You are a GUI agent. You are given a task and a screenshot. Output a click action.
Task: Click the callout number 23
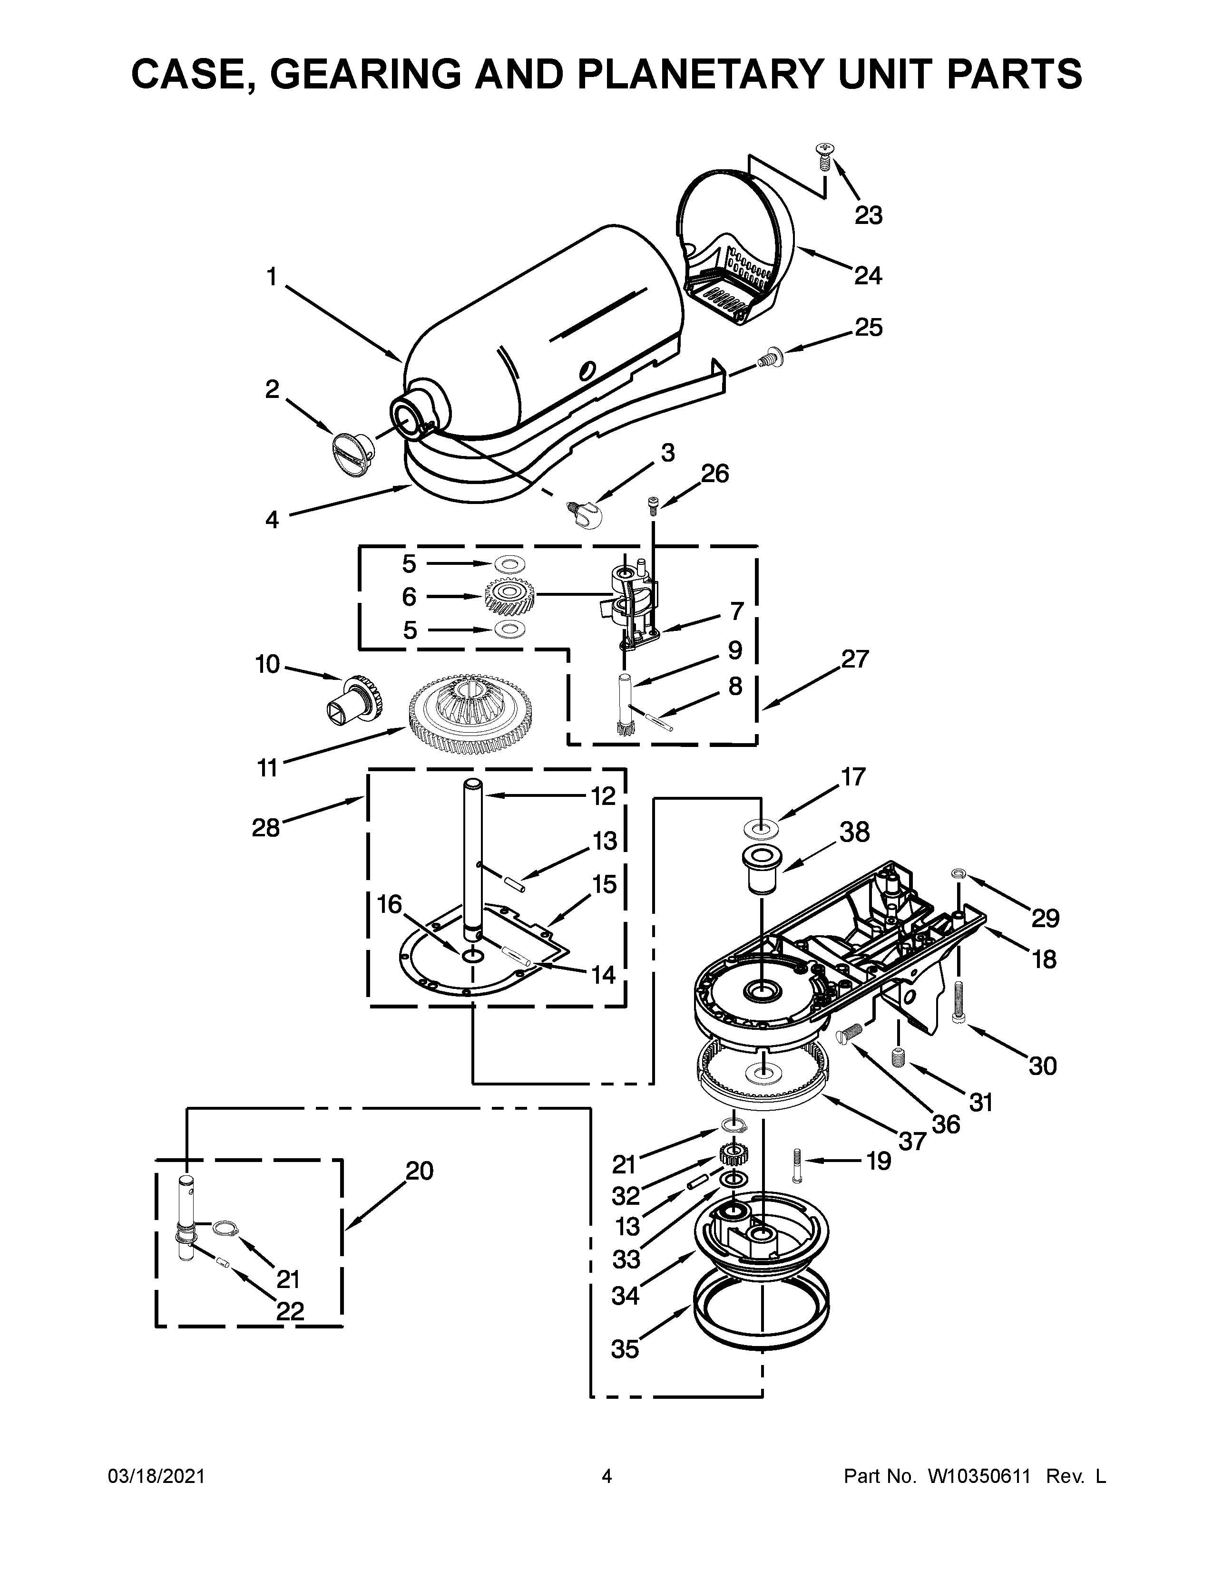(868, 215)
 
